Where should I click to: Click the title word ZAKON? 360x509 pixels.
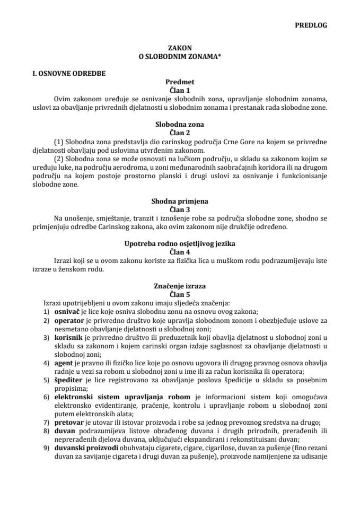[180, 47]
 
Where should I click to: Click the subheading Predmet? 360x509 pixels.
[180, 82]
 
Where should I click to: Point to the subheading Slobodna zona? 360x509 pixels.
[180, 125]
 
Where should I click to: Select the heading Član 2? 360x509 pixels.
[180, 133]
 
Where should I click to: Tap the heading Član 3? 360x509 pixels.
[180, 209]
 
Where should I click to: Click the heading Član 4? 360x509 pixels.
[180, 251]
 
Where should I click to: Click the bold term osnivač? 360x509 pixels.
[66, 312]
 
